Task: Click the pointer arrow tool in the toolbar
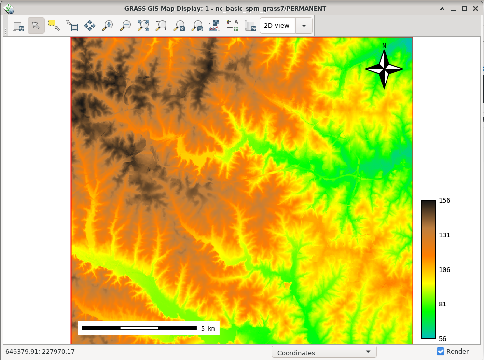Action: [36, 26]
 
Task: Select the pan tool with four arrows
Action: [90, 26]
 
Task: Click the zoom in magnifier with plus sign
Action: [108, 26]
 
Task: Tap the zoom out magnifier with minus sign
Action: [125, 26]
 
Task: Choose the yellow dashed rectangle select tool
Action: [54, 26]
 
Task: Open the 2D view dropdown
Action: [304, 26]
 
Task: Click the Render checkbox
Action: [440, 351]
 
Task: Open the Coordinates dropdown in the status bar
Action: [324, 353]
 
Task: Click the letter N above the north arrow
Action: [384, 46]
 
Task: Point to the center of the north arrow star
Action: [384, 69]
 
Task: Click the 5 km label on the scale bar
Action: [207, 328]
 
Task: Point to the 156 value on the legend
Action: [444, 201]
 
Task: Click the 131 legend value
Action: [444, 235]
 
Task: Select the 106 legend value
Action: [444, 270]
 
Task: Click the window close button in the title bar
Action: [475, 8]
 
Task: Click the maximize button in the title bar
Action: [464, 8]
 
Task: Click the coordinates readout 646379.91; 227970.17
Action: [40, 352]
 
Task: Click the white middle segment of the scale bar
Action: [139, 328]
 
